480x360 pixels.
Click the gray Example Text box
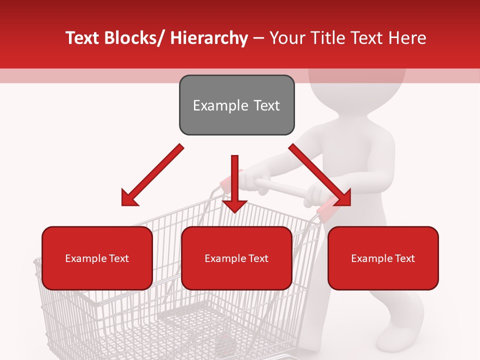pyautogui.click(x=236, y=105)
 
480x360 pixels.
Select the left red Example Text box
pyautogui.click(x=97, y=258)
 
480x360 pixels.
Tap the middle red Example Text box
pyautogui.click(x=236, y=258)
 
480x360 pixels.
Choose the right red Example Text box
pyautogui.click(x=383, y=258)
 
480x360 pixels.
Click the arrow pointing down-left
pyautogui.click(x=152, y=175)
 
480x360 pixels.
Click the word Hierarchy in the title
pyautogui.click(x=209, y=38)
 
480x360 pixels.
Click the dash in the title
pyautogui.click(x=258, y=38)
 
